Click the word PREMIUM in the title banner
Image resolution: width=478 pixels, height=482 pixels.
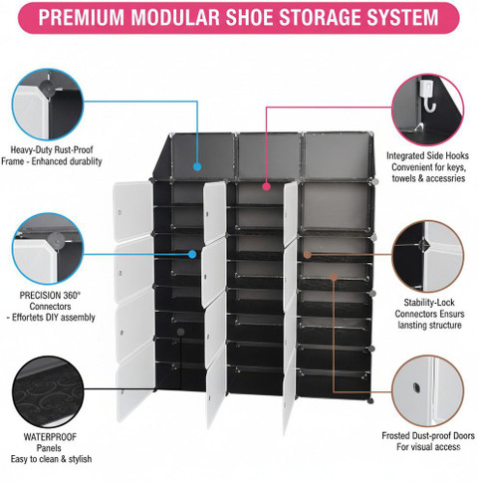83,17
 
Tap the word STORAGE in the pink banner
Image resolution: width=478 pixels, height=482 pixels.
336,17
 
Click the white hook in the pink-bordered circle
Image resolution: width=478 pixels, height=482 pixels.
428,96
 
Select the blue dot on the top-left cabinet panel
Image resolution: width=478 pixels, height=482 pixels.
197,166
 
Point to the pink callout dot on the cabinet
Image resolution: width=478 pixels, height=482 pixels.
266,186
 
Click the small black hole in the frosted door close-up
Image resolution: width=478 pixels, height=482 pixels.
416,386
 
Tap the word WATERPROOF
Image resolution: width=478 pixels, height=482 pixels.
50,437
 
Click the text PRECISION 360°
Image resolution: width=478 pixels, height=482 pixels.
50,295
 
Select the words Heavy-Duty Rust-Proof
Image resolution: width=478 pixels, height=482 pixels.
52,149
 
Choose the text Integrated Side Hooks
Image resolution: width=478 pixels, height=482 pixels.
427,155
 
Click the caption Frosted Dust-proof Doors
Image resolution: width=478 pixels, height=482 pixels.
428,435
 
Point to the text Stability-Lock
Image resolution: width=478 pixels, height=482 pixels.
429,303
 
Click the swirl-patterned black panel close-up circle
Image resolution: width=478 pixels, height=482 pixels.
48,391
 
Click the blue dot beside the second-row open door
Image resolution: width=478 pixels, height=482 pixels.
192,254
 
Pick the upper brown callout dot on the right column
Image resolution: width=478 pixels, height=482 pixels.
308,255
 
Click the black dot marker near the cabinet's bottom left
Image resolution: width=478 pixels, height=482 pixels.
180,332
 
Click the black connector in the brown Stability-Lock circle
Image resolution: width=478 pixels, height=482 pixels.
424,245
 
